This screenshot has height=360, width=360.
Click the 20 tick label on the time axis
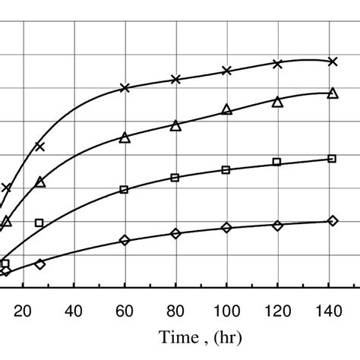pos(23,309)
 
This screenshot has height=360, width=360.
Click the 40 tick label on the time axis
pos(74,309)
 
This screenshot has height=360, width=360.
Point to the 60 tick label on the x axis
pos(125,309)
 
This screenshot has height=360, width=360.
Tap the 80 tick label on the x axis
pos(175,309)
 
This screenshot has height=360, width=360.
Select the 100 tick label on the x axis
pos(226,309)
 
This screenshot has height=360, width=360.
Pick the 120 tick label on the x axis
pos(277,309)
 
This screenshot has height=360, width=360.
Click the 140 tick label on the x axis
pos(328,309)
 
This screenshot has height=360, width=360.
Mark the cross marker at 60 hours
pos(125,88)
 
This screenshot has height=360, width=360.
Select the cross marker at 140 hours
pos(332,62)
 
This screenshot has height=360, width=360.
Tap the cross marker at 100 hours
pos(226,71)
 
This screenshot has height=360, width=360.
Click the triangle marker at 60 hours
pos(125,137)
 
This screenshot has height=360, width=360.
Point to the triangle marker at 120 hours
pos(277,101)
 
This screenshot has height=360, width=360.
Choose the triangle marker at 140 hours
pos(332,93)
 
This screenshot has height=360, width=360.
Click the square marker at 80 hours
pos(175,178)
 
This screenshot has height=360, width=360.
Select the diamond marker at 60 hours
pos(125,241)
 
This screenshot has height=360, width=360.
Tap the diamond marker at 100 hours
pos(226,228)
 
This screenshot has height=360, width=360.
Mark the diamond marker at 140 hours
pos(332,221)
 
